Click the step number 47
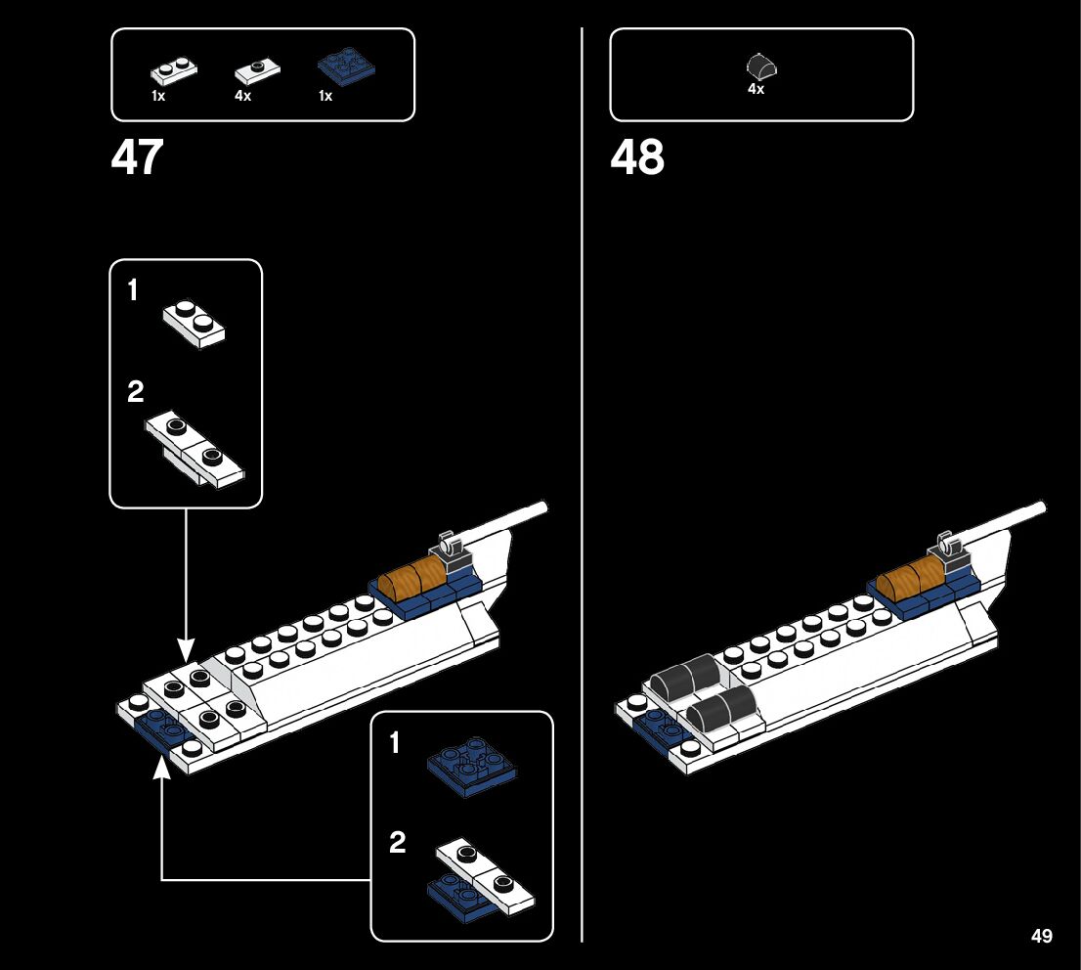coord(137,157)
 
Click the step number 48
coord(637,157)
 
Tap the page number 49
coord(1042,937)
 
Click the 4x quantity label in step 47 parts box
coord(243,96)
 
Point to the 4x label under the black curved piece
coord(756,88)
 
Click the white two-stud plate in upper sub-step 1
coord(195,321)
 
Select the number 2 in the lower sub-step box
coord(397,842)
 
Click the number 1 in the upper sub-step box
coord(134,290)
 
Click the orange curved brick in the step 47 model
coord(411,580)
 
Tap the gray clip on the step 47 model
coord(453,549)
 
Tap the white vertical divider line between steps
coord(583,489)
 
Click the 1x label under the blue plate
coord(325,96)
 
